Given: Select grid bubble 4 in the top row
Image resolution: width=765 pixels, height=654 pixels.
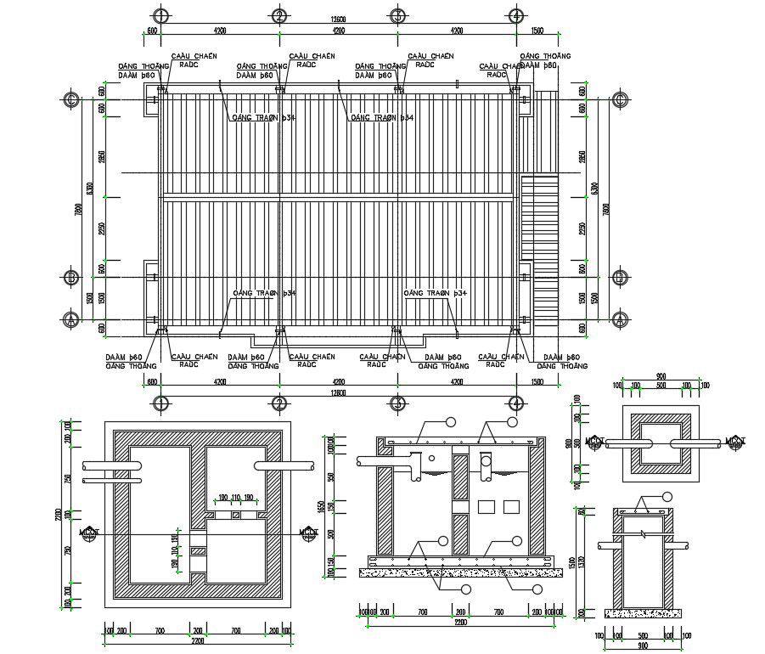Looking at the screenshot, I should (x=515, y=15).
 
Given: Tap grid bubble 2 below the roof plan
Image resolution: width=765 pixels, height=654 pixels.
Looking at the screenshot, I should (x=278, y=403).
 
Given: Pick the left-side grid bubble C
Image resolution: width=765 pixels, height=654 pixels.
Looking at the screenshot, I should (x=72, y=100).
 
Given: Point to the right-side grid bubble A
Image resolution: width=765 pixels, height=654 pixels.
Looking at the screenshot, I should (x=621, y=319).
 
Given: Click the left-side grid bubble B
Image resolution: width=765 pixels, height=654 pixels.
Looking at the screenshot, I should (x=72, y=277).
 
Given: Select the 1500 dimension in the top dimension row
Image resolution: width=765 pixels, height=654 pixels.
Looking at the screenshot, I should (x=537, y=31).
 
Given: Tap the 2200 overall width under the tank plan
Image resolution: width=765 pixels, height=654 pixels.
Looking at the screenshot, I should (x=196, y=641).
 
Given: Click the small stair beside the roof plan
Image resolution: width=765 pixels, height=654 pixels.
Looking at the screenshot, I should (x=537, y=217).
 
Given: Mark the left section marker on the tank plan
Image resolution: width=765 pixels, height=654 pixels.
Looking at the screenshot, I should (x=89, y=533).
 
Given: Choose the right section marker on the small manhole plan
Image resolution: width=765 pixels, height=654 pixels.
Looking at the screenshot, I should (x=734, y=442).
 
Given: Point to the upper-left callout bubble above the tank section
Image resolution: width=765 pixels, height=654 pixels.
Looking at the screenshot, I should (x=451, y=421).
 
